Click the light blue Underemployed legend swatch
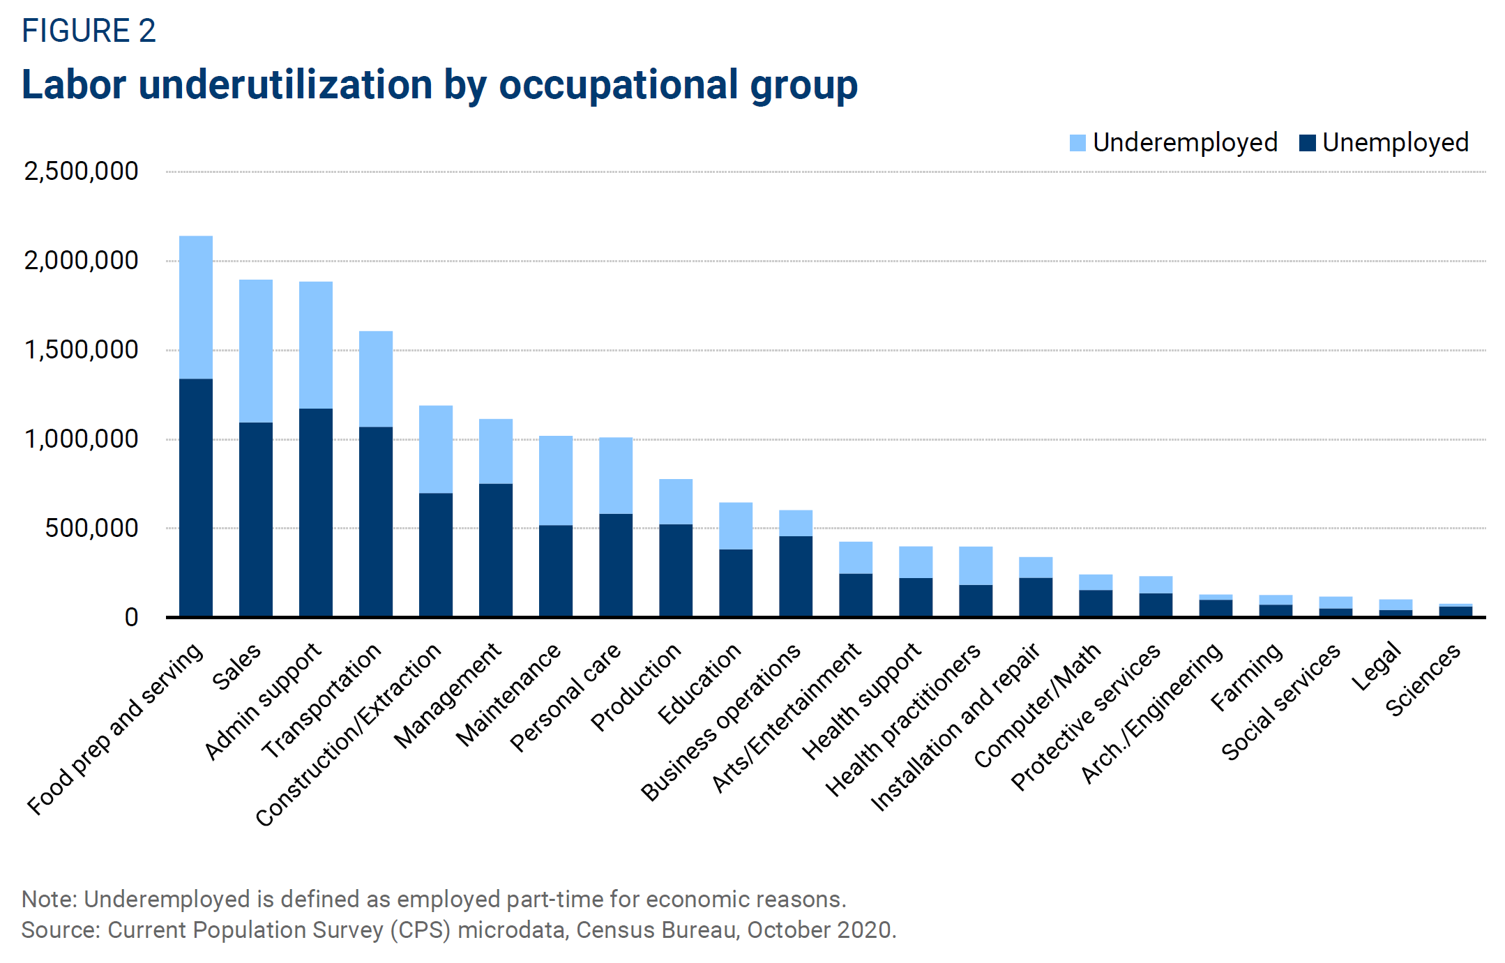point(1077,143)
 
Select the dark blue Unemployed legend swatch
point(1307,143)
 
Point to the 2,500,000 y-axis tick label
point(81,172)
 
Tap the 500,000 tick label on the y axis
point(91,529)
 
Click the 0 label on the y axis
point(131,618)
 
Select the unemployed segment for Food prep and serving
point(196,497)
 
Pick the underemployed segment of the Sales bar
point(256,351)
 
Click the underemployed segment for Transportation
point(376,379)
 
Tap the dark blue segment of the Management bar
point(496,549)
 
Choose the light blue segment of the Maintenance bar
point(556,480)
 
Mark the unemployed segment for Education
point(736,582)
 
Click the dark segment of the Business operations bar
point(796,576)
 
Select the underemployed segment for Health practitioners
point(976,566)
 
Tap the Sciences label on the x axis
point(1423,680)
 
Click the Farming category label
point(1246,676)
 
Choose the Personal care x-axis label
point(566,697)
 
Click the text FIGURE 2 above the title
point(89,31)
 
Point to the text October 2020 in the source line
point(820,930)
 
